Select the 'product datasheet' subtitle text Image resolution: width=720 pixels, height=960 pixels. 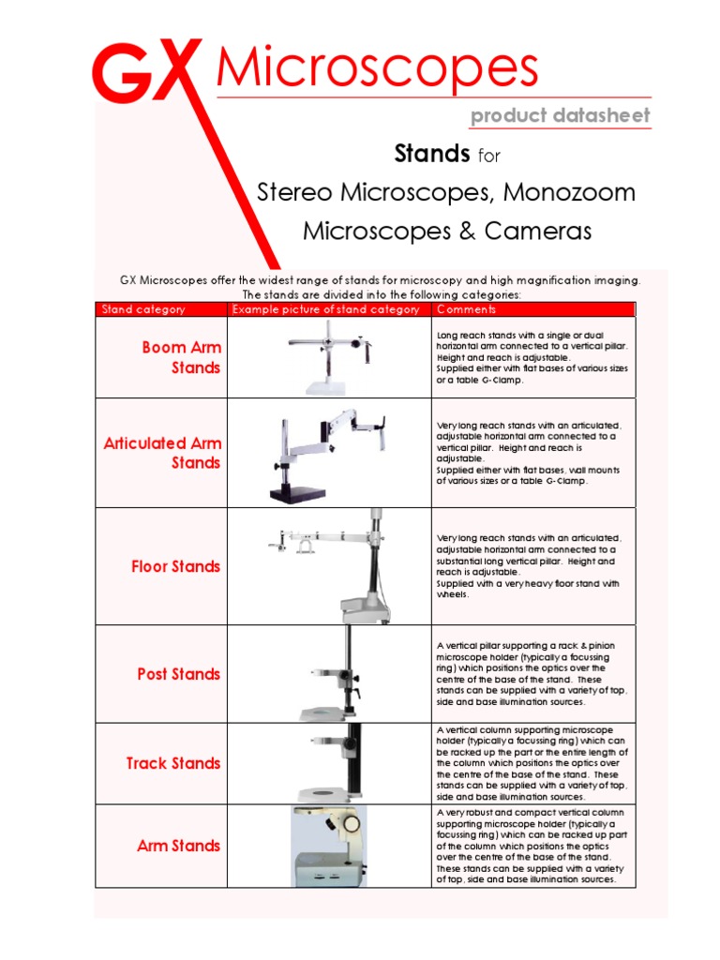560,115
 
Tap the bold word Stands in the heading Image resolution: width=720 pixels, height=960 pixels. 431,153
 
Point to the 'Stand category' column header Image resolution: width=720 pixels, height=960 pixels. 143,309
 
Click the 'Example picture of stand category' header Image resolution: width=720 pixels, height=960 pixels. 325,309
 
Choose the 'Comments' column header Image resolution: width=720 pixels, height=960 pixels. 466,309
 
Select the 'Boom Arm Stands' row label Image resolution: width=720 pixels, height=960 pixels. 182,357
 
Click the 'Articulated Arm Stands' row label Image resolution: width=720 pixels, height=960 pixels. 162,453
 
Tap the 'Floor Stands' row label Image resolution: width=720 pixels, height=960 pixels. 176,566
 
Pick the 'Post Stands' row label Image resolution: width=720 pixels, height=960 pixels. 178,674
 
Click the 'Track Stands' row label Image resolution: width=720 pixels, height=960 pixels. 173,763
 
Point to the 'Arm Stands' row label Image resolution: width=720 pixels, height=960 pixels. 178,846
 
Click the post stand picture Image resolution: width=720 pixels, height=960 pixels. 337,673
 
